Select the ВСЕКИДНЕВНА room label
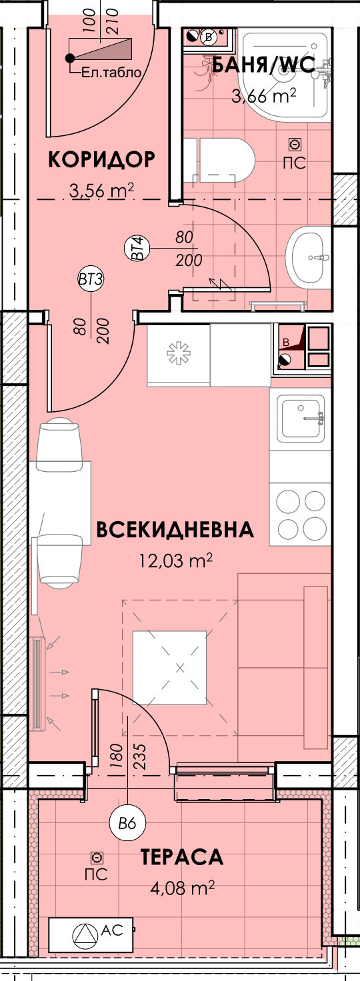(175, 530)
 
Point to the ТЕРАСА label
(181, 858)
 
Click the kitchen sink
(301, 418)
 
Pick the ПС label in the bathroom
(294, 163)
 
